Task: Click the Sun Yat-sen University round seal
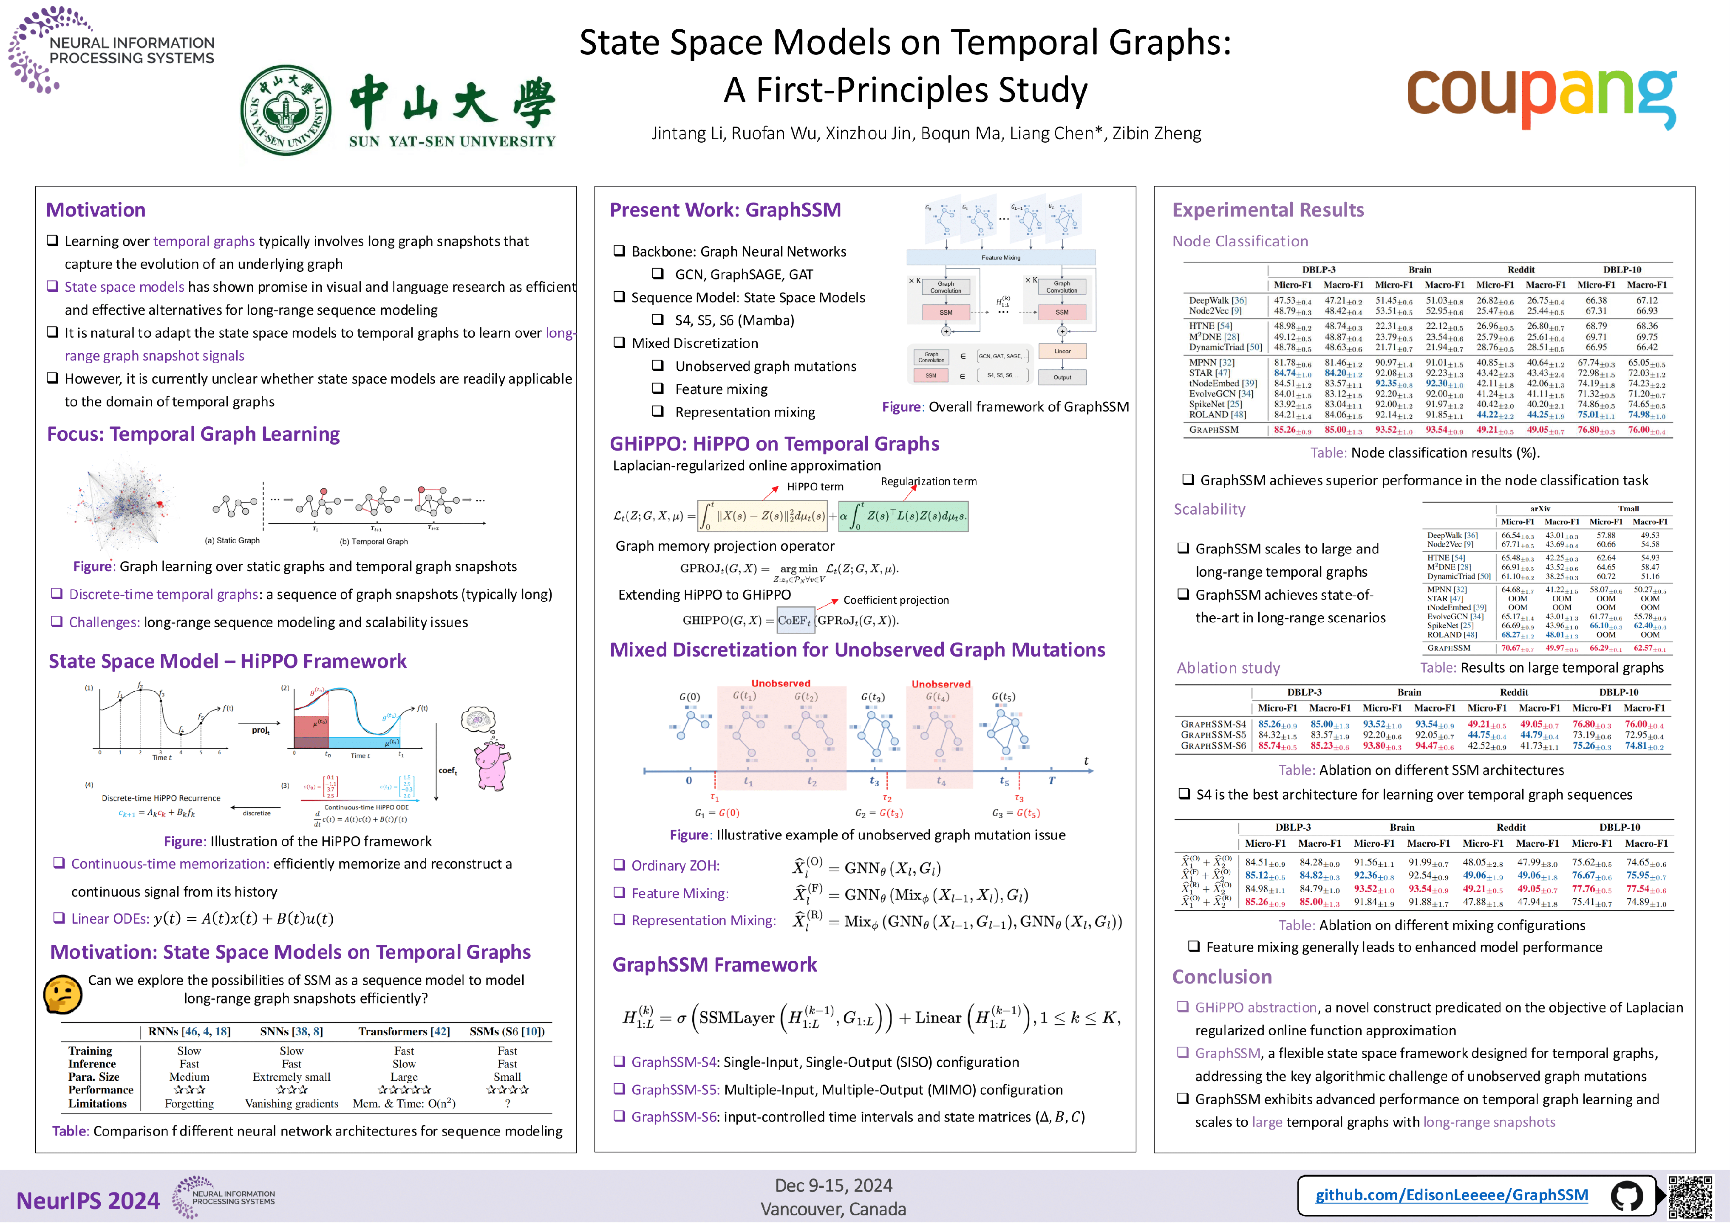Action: [286, 110]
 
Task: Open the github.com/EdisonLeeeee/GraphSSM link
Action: [1451, 1195]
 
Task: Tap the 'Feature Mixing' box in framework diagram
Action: [1001, 258]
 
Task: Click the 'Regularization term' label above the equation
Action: [928, 481]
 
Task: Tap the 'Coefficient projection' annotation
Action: [896, 600]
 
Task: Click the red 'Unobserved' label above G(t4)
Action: [940, 684]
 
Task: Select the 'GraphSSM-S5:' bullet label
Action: [674, 1090]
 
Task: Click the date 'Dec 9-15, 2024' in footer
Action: [833, 1185]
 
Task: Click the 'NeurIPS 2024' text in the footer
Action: [88, 1200]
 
